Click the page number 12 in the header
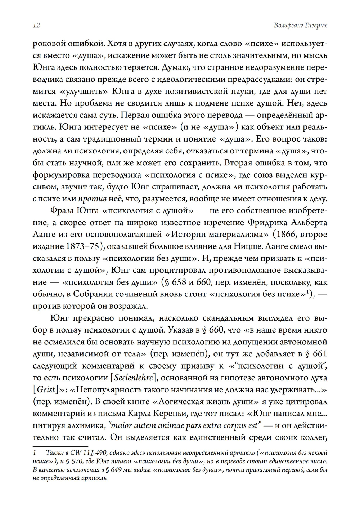(36, 26)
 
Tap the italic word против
(92, 198)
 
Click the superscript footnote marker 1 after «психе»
(308, 292)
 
